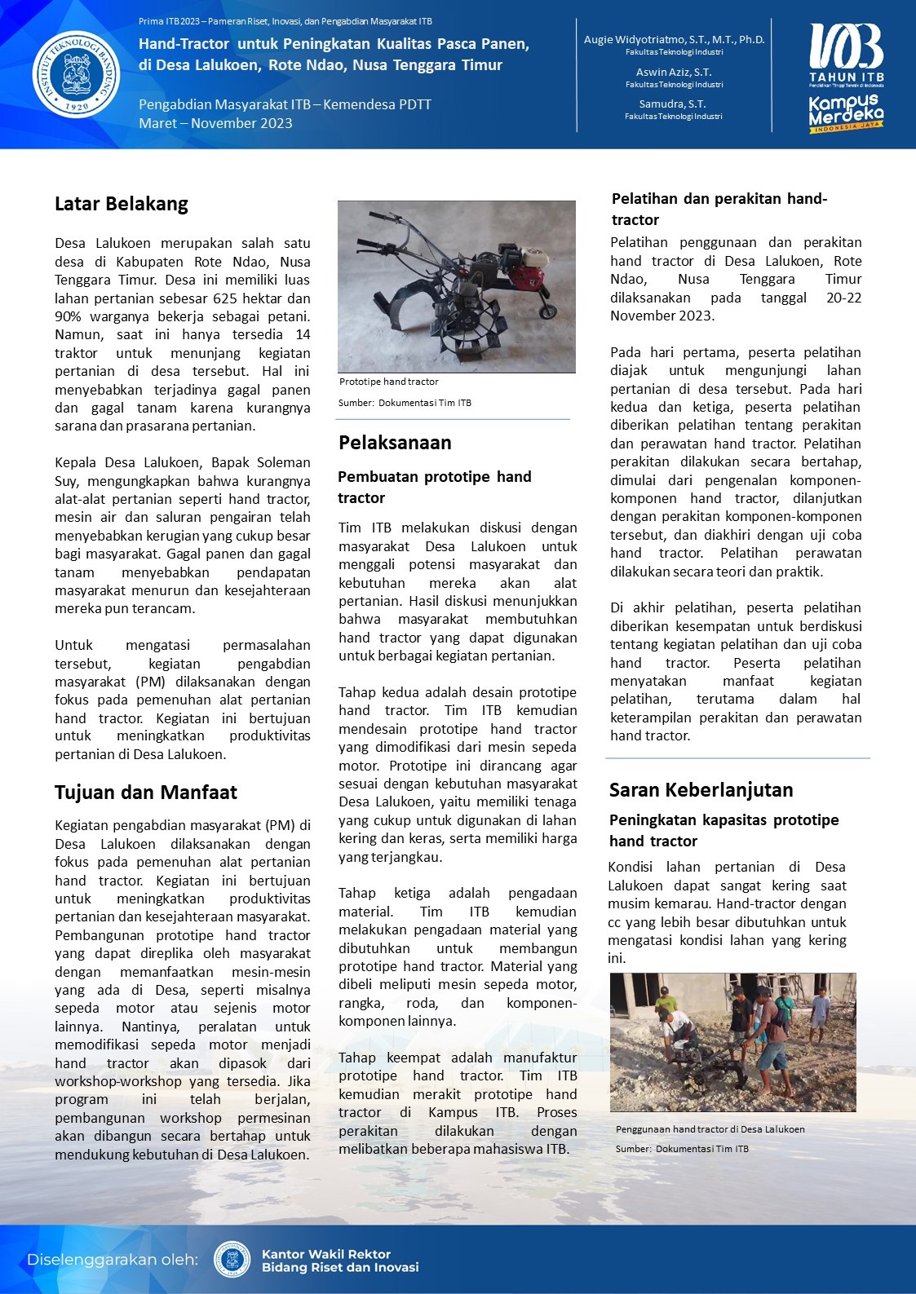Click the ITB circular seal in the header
coord(77,75)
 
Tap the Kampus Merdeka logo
coord(846,113)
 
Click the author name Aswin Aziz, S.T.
coord(674,72)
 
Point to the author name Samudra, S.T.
coord(673,104)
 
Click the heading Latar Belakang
coord(122,204)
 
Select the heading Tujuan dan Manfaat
coord(146,793)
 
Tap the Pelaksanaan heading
coord(395,443)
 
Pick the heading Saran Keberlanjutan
coord(701,789)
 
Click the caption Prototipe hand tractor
coord(389,382)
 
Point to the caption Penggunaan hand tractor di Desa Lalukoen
coord(710,1129)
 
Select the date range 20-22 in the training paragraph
coord(843,298)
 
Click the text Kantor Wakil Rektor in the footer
coord(325,1254)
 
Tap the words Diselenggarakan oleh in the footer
coord(113,1260)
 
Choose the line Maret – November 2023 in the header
coord(215,123)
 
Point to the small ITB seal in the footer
coord(232,1260)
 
